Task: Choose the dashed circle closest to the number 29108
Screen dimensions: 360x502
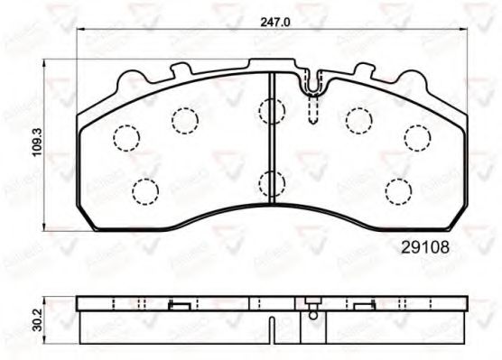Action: click(x=397, y=191)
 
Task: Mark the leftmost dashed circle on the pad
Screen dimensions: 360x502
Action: click(x=125, y=136)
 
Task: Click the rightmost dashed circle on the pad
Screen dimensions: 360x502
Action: click(x=416, y=136)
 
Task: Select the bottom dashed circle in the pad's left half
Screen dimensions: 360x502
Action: click(x=144, y=191)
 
